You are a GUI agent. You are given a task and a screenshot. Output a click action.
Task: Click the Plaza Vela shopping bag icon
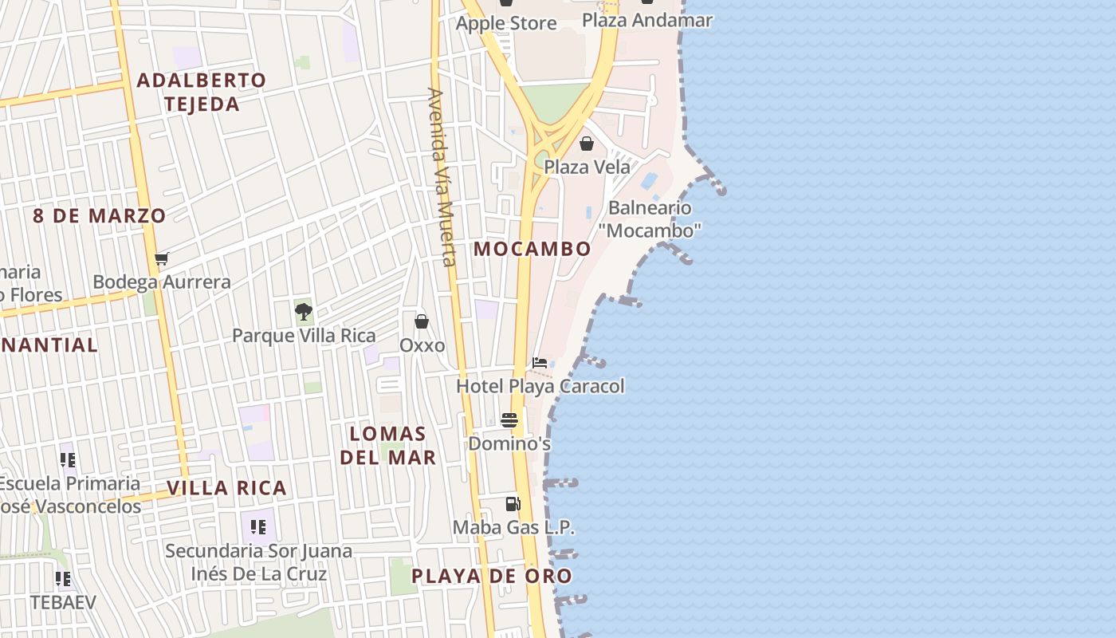587,144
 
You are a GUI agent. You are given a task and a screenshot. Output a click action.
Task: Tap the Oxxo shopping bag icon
422,321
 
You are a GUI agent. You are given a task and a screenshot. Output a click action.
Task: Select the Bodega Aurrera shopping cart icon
162,258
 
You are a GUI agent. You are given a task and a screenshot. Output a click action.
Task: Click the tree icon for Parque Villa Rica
303,311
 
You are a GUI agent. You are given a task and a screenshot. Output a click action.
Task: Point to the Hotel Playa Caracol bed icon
540,363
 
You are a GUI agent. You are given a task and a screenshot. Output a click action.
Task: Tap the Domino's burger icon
509,420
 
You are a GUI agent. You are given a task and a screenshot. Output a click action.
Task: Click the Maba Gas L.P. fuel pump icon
513,504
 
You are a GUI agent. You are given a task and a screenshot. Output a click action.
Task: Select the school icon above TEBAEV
63,578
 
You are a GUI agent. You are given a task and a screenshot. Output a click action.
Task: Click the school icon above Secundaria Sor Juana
258,526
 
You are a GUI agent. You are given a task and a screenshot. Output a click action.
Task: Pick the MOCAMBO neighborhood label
532,249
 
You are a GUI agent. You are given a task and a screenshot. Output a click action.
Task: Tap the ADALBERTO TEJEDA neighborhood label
202,92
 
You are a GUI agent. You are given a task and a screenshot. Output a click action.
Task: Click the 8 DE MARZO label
100,215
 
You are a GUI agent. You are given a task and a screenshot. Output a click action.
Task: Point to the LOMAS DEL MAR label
388,445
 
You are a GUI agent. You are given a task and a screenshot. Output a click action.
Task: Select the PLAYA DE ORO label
492,576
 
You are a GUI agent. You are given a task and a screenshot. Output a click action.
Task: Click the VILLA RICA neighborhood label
226,488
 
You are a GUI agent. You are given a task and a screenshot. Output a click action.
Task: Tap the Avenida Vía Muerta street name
442,177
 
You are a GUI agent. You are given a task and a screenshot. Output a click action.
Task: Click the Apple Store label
506,23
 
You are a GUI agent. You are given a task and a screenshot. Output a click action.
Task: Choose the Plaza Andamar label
647,20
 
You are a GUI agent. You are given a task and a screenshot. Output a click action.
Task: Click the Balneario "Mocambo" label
650,219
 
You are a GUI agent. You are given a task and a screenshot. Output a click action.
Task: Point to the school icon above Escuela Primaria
68,459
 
